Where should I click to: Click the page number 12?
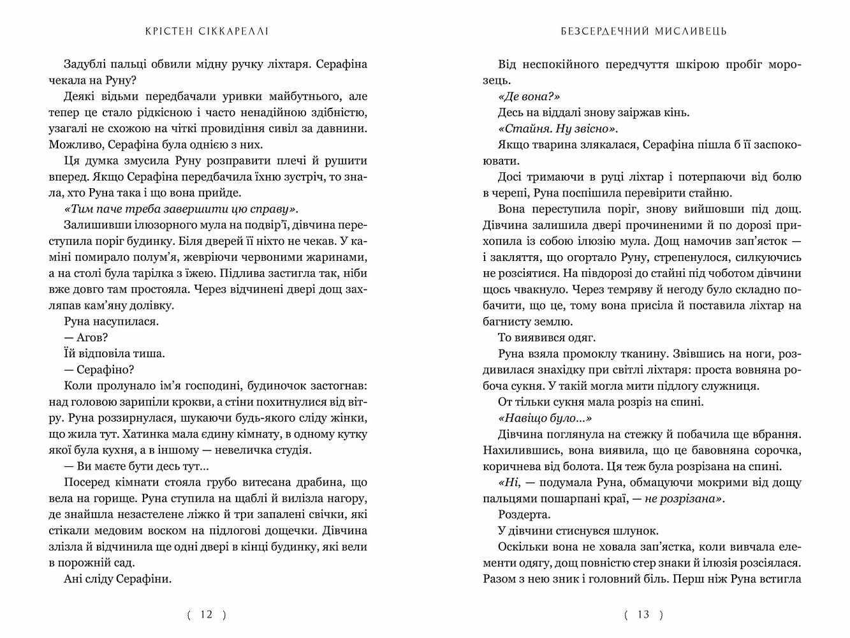tap(206, 614)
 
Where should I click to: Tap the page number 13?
tap(643, 614)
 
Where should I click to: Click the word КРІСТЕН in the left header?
tap(170, 31)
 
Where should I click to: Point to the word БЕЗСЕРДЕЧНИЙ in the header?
tap(601, 31)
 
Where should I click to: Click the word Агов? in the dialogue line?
tap(92, 338)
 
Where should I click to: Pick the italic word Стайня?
tap(522, 128)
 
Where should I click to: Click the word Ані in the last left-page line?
tap(75, 579)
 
